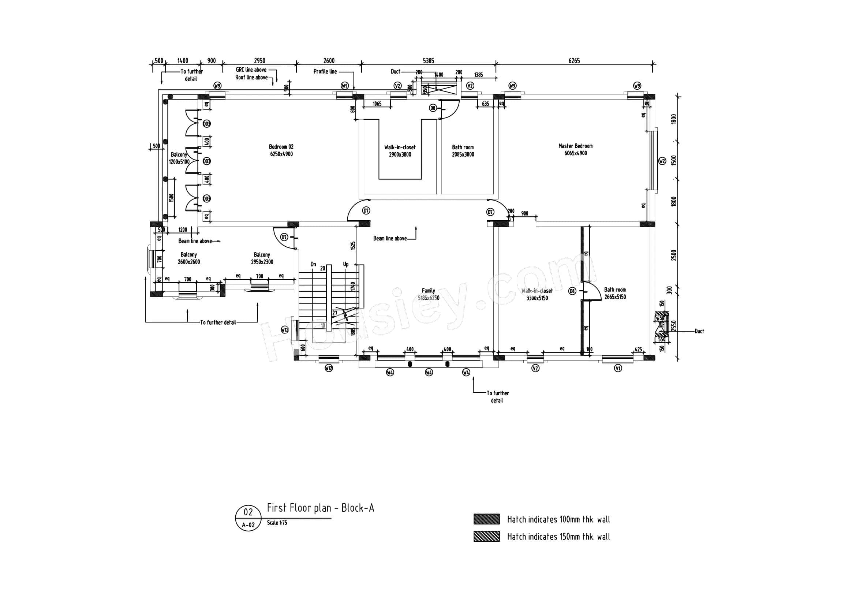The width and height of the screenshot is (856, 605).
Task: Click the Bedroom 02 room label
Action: click(x=281, y=150)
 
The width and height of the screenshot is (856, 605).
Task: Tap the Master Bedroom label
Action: click(x=575, y=149)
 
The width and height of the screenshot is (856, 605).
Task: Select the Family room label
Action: click(x=429, y=294)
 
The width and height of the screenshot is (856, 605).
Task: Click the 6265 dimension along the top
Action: click(x=574, y=61)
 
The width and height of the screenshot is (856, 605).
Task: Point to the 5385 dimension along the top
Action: click(x=428, y=61)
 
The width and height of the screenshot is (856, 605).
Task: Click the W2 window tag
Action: click(x=662, y=161)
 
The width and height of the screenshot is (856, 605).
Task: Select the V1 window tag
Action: click(x=618, y=369)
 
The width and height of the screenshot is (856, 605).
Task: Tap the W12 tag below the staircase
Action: click(x=328, y=368)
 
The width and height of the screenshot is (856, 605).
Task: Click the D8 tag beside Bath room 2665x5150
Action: click(x=572, y=291)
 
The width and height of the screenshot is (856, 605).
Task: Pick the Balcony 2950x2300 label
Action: click(x=262, y=258)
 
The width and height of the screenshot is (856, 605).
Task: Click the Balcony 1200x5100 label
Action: click(x=179, y=158)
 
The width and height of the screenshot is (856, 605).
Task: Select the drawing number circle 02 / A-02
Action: click(x=248, y=518)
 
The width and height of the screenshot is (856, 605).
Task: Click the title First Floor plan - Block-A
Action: click(x=320, y=508)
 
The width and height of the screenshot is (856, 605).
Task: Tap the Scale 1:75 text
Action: click(x=277, y=523)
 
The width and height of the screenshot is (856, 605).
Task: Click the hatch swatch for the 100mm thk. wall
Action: click(x=486, y=519)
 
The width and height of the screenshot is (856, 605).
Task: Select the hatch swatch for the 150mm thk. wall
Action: click(x=486, y=537)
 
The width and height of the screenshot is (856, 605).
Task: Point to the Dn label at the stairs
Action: click(x=313, y=264)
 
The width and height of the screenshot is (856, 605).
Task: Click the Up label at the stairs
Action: click(x=345, y=264)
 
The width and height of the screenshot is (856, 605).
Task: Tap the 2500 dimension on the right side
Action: click(x=674, y=255)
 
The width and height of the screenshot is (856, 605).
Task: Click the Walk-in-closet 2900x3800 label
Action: click(x=400, y=151)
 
